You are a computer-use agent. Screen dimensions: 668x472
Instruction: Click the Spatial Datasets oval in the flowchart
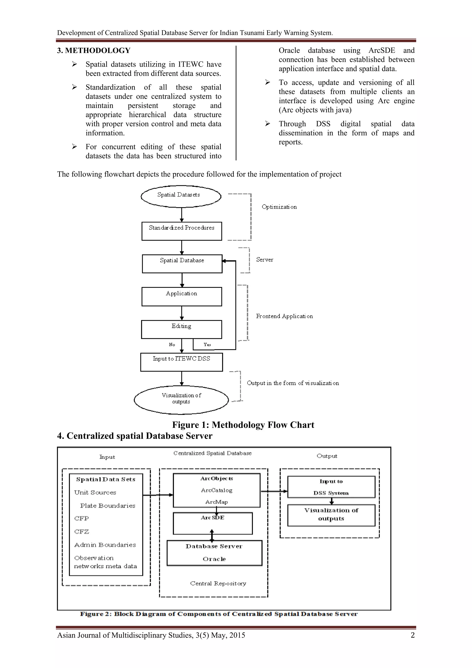coord(181,196)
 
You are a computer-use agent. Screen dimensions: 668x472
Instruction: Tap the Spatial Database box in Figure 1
coord(182,264)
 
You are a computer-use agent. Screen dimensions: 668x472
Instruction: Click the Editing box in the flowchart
coord(181,329)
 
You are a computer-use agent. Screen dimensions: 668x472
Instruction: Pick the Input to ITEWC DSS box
coord(181,362)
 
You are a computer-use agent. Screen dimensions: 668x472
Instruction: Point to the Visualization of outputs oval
coord(181,400)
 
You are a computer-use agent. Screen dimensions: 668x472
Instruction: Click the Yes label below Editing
coord(207,344)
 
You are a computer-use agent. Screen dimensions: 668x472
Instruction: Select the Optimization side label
coord(279,207)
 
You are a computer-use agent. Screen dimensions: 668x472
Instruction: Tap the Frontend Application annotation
coord(284,316)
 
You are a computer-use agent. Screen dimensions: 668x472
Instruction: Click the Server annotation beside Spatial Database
coord(265,259)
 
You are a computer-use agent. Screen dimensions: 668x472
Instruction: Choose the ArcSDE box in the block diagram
coord(212,523)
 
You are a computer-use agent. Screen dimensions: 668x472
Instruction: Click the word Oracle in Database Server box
coord(214,559)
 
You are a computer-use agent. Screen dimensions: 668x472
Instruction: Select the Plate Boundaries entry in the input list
coord(108,506)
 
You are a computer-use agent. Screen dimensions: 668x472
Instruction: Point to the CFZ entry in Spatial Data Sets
coord(82,531)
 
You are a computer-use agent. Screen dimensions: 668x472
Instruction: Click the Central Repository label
coord(218,583)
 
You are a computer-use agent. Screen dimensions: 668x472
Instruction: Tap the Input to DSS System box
coord(331,487)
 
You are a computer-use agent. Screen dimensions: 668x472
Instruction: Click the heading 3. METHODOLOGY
coord(94,50)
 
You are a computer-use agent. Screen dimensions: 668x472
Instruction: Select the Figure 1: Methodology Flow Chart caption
coord(243,425)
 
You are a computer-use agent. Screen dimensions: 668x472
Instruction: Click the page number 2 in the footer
coord(412,635)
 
